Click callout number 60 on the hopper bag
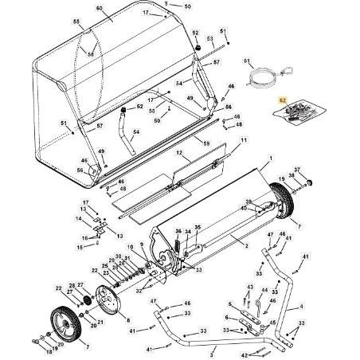(x=99, y=9)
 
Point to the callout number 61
(x=246, y=61)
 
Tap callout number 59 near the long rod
(x=207, y=143)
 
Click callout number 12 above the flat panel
(x=180, y=151)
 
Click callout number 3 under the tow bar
(x=213, y=350)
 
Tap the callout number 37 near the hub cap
(x=297, y=170)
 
